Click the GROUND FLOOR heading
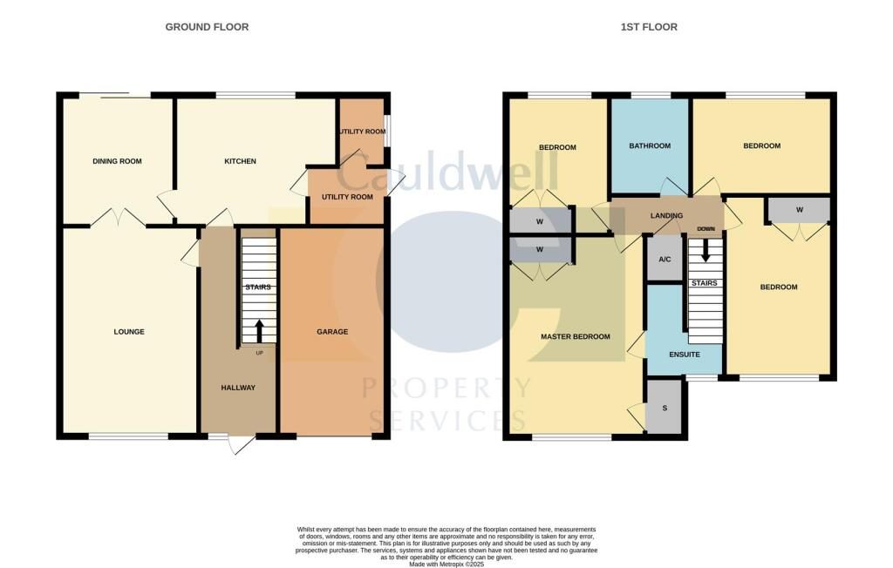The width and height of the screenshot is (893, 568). point(207,27)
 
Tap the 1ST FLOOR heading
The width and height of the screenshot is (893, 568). point(649,27)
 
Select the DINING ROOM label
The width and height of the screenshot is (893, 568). point(117,161)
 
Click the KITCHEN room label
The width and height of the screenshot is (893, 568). point(240,161)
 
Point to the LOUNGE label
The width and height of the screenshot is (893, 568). point(129,332)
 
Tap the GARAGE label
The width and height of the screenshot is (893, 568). point(332,332)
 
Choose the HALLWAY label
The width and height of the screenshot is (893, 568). point(237,388)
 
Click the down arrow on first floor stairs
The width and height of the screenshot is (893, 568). point(706,251)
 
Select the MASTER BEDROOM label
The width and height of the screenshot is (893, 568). point(575,336)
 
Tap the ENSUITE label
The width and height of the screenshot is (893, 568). point(685,355)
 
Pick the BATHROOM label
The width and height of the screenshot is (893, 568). point(650,146)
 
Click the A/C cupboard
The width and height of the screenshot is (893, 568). point(664,260)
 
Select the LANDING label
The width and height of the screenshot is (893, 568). point(666,215)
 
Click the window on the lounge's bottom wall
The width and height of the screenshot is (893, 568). point(128,436)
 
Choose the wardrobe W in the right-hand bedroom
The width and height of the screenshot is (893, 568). point(799,210)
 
